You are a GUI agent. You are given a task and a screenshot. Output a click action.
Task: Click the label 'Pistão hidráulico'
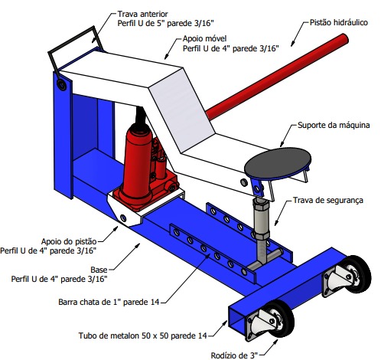[338, 22]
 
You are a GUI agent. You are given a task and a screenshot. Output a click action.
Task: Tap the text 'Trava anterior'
[142, 14]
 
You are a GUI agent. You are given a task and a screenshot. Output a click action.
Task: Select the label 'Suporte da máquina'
[334, 125]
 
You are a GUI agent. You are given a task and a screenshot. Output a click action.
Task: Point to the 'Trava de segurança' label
[328, 200]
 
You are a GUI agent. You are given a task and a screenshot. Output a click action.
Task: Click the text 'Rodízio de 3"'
[234, 355]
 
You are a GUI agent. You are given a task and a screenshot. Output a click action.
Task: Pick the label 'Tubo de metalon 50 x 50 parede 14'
[142, 335]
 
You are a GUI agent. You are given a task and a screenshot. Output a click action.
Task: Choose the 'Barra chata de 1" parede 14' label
[109, 302]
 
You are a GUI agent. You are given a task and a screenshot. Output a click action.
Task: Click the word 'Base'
[99, 270]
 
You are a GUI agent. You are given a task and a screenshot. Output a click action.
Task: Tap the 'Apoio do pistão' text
[69, 241]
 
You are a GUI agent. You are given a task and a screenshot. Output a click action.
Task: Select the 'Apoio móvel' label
[204, 38]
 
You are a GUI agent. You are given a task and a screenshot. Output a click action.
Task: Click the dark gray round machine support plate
[278, 163]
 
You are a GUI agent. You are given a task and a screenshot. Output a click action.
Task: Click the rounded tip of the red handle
[344, 39]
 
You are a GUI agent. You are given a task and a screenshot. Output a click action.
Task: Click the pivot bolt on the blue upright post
[61, 85]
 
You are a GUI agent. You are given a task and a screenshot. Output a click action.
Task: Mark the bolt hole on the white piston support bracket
[123, 218]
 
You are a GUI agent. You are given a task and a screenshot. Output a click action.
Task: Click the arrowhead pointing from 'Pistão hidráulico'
[293, 44]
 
